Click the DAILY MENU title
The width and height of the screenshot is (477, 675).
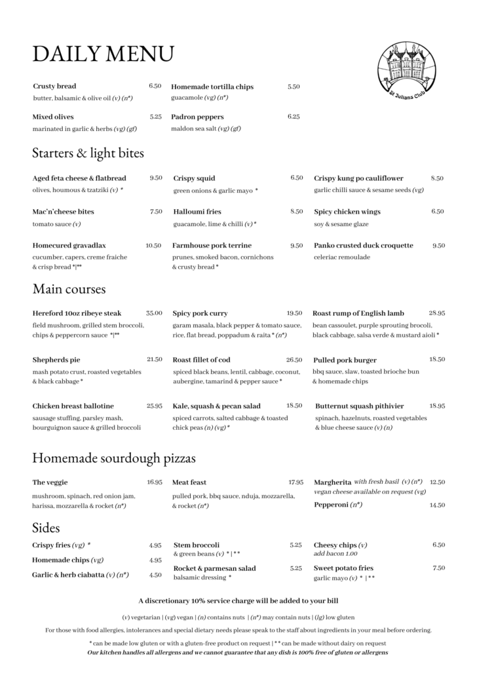[103, 53]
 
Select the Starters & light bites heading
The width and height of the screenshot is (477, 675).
[88, 153]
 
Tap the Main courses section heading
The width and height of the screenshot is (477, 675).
[69, 288]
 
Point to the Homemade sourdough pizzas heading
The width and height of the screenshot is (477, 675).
[113, 457]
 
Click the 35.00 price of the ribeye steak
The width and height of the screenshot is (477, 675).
[154, 313]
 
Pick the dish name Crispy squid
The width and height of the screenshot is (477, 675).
[194, 178]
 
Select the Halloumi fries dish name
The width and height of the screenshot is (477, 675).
[197, 212]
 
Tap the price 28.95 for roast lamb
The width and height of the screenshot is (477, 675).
[437, 313]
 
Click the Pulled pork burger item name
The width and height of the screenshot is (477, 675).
[345, 360]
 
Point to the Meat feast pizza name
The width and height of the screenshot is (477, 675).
[189, 482]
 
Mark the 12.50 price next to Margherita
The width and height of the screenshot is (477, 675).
[437, 482]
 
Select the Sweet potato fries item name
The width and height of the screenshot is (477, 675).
[343, 568]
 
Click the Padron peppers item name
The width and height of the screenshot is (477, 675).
[197, 117]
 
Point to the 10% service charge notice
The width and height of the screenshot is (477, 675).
[238, 600]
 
